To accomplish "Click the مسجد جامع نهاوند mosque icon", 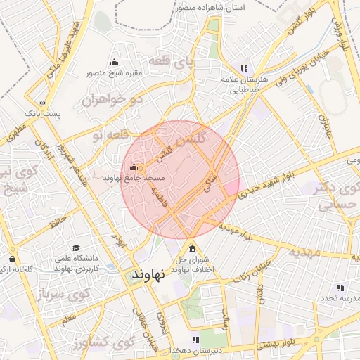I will coord(134,167).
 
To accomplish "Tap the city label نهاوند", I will coord(148,275).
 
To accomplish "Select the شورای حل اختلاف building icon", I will coord(192,248).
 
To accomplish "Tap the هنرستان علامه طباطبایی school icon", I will coord(243,68).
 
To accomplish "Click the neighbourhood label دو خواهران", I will coord(112,99).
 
